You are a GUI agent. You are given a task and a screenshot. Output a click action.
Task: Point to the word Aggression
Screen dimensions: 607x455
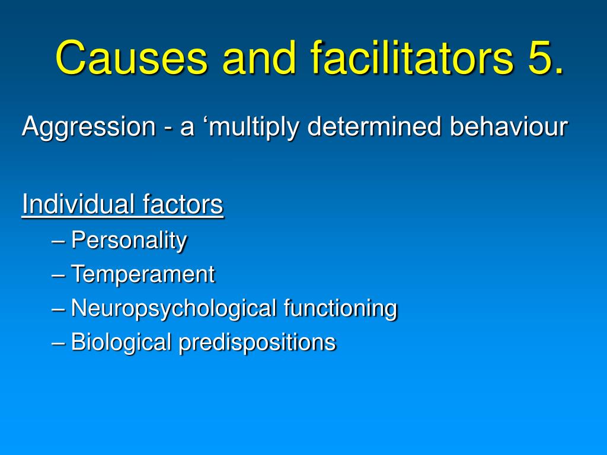point(89,127)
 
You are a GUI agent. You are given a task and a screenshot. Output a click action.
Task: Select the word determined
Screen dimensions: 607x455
point(375,126)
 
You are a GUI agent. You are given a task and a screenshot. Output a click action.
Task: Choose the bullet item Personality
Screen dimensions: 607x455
point(129,241)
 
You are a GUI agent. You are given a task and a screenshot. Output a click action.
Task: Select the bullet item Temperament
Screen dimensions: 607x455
point(143,274)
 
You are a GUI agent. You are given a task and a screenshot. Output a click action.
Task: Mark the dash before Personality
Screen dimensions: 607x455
point(58,242)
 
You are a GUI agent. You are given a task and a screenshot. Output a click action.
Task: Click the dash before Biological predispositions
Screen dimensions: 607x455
point(58,344)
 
